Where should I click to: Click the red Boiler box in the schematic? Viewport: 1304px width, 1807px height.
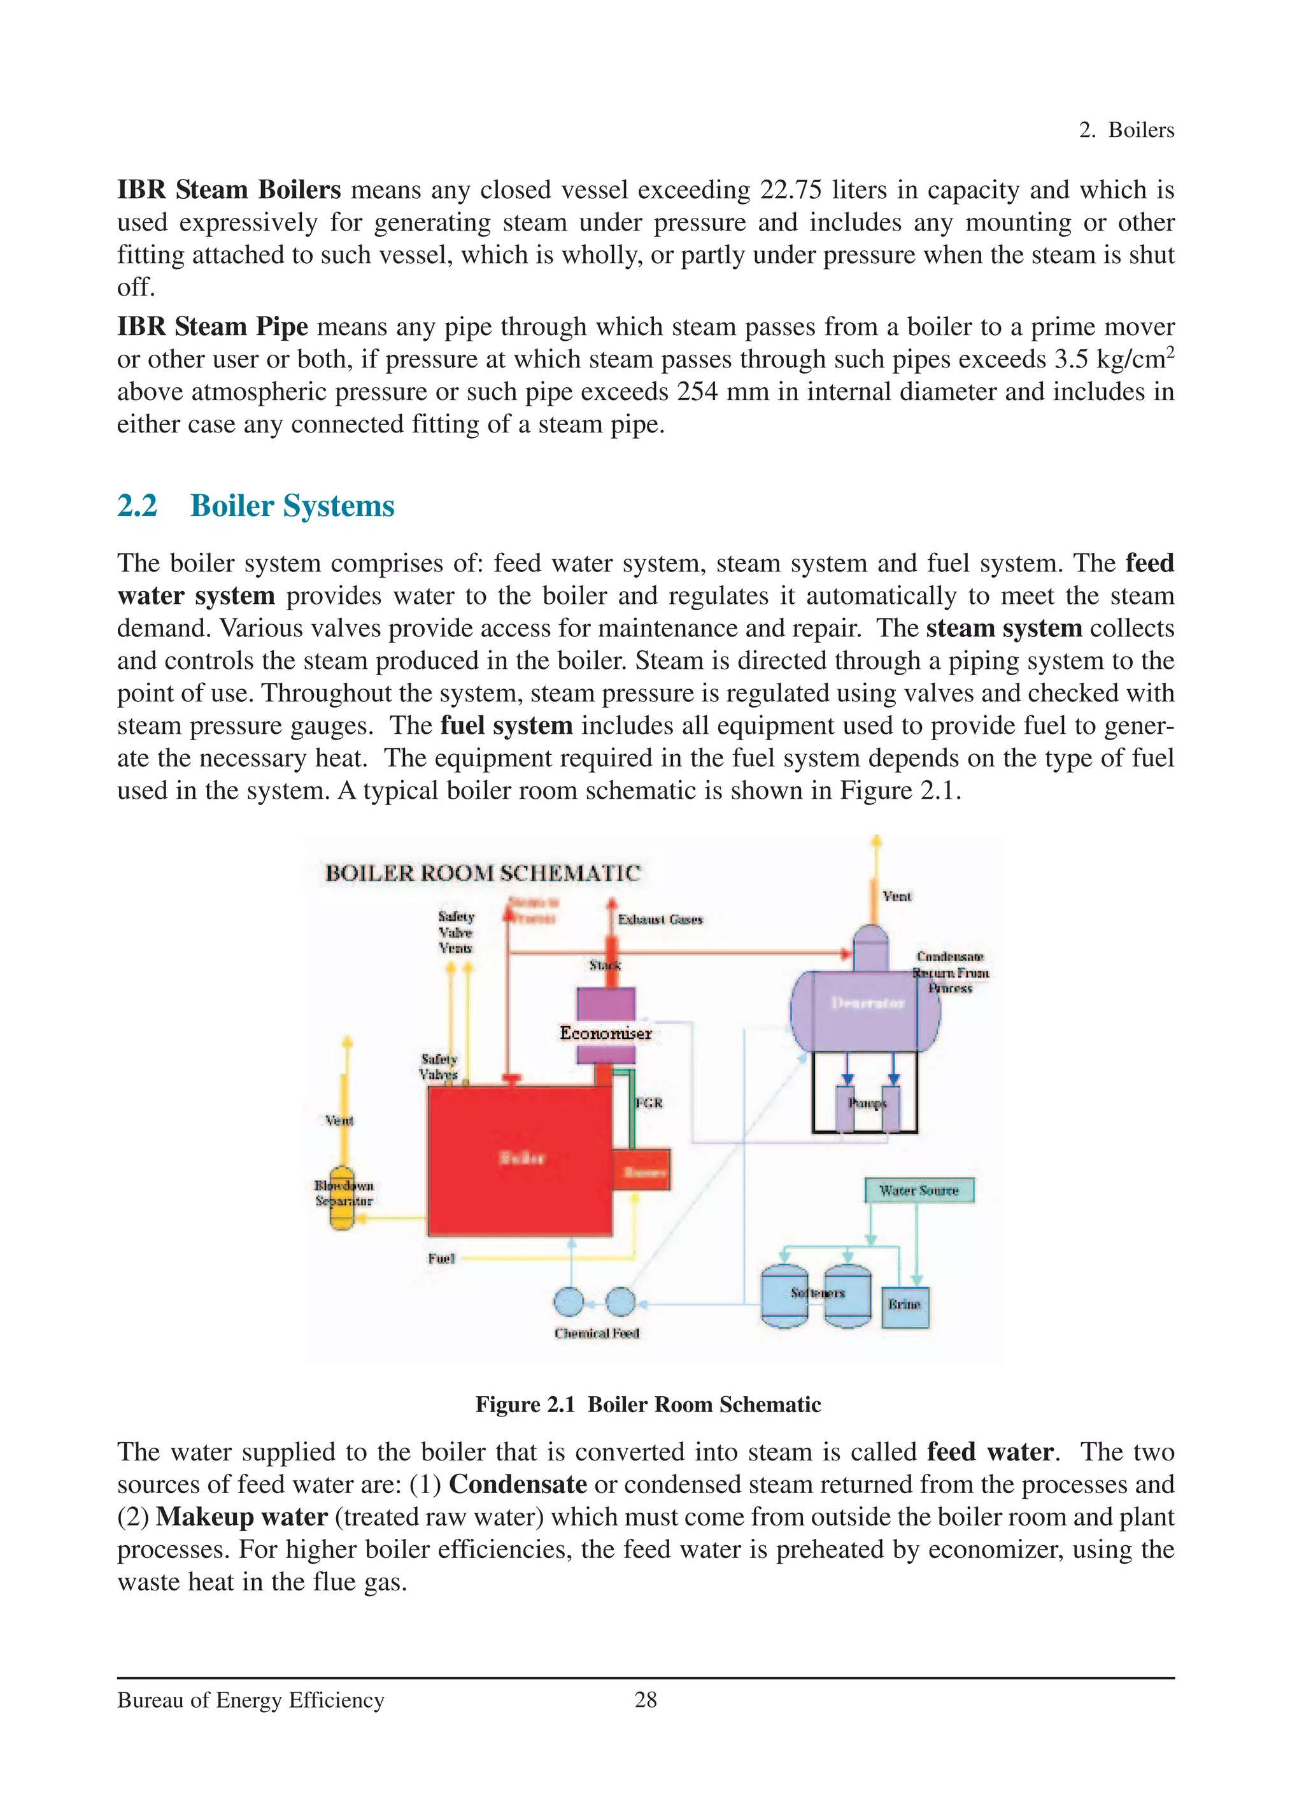(x=520, y=1160)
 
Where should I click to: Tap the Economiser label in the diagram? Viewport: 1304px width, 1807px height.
(x=606, y=1033)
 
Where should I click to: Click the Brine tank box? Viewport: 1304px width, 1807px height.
(x=905, y=1305)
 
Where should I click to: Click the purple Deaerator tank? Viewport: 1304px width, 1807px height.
(x=867, y=1010)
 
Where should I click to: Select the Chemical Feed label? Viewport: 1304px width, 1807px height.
(x=597, y=1333)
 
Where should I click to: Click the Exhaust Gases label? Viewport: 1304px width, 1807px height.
(x=660, y=920)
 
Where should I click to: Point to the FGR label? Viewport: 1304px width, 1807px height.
(x=649, y=1103)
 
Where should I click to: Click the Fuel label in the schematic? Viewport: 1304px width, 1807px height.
(x=441, y=1258)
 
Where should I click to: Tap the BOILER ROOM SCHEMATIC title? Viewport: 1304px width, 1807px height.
(x=483, y=873)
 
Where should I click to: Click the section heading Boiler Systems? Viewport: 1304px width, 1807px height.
(x=292, y=506)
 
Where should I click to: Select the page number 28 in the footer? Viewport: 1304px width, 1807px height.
(x=645, y=1699)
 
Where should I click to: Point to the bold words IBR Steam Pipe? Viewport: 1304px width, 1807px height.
(x=212, y=327)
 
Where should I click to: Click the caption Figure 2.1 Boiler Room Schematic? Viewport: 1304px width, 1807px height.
(x=648, y=1404)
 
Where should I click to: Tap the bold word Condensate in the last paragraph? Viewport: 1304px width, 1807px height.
(x=518, y=1484)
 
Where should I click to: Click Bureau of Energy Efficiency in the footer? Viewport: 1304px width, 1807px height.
(x=251, y=1700)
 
